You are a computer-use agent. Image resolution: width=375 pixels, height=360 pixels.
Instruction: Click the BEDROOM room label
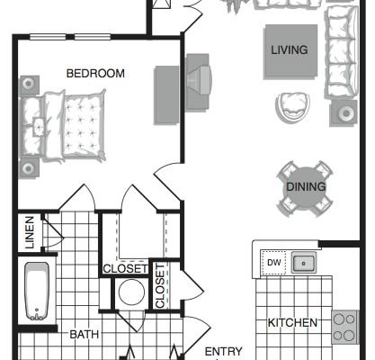95,74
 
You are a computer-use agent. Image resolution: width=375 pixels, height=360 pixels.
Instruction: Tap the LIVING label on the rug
290,49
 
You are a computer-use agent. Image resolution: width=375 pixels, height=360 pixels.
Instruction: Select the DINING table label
306,186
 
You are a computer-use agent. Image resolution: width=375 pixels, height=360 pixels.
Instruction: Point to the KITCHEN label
292,323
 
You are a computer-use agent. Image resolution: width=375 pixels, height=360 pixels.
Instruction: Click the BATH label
85,335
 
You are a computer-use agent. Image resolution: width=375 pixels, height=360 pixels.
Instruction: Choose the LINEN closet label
30,232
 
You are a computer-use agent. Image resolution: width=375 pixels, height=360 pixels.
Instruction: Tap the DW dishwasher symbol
273,263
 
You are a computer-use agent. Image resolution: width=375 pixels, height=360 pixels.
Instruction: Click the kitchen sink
303,263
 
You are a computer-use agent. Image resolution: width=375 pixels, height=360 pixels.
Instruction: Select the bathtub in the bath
37,292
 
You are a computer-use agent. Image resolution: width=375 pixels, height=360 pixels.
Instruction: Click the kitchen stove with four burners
344,327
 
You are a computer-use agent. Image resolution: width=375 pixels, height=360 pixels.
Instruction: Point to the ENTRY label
223,351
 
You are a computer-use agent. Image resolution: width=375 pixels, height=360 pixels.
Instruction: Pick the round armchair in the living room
292,107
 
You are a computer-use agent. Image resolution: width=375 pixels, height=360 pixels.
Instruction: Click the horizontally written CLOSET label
125,269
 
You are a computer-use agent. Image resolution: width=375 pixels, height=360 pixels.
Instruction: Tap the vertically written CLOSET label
160,286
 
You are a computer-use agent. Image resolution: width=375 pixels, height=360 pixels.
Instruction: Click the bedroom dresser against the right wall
166,95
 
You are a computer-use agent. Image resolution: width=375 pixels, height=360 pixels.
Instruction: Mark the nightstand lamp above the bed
29,85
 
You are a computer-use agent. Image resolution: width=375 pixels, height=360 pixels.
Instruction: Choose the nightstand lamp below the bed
29,168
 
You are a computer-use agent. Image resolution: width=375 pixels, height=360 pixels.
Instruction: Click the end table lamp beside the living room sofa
344,113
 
